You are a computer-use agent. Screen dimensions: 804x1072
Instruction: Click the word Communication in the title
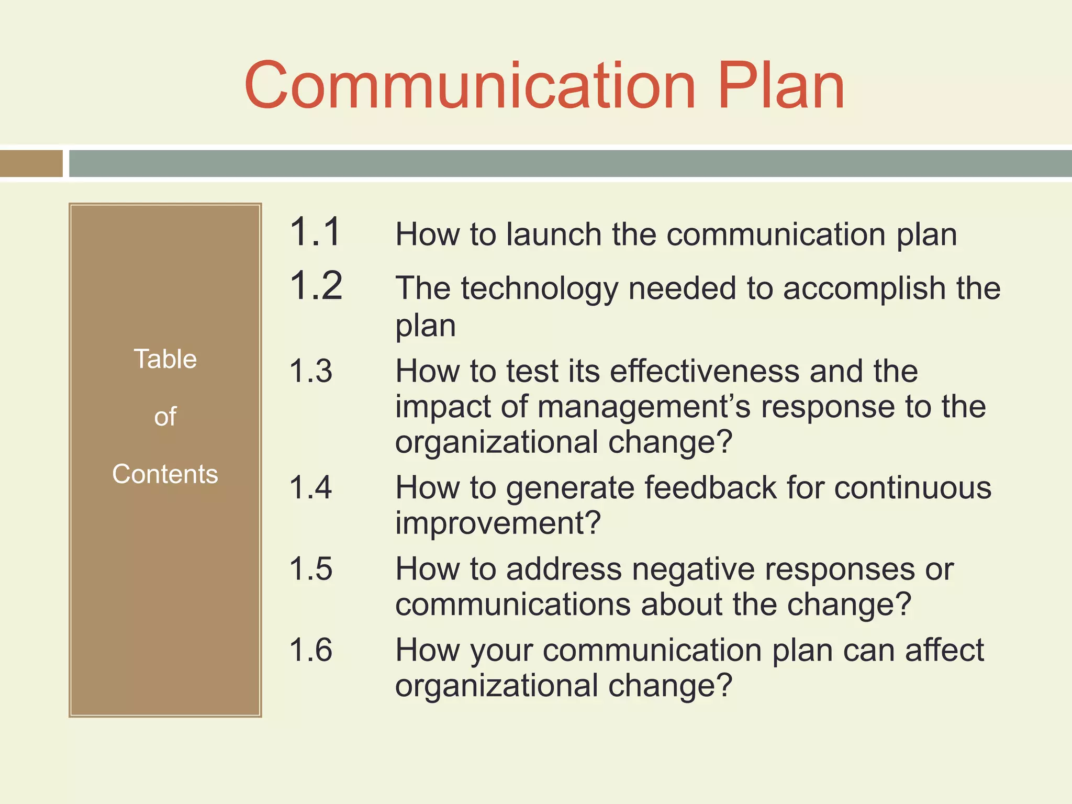(x=470, y=86)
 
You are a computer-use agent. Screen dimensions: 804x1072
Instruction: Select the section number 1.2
(x=316, y=286)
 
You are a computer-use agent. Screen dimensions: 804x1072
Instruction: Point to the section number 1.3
(x=310, y=371)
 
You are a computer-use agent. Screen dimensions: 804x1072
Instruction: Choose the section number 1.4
(x=310, y=488)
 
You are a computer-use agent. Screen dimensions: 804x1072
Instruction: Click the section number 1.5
(x=310, y=569)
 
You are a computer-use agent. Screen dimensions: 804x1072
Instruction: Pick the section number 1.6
(x=310, y=650)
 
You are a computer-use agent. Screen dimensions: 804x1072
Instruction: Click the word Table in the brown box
(x=165, y=359)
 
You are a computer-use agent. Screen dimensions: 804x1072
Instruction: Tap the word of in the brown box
(x=165, y=417)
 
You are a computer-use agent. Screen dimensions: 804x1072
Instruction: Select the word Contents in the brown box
(x=165, y=474)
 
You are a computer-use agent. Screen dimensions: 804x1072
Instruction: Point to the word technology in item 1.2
(x=539, y=289)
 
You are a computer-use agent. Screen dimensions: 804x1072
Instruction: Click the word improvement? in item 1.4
(x=498, y=523)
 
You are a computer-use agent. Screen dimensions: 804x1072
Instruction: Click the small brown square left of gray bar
(x=31, y=163)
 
